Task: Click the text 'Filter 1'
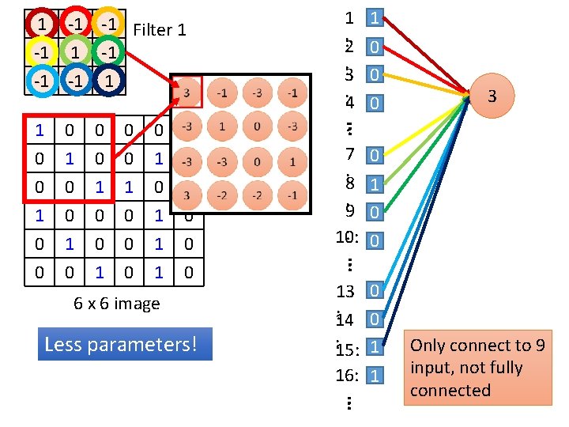tap(160, 30)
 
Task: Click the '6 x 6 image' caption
tap(117, 304)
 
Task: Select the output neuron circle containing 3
tap(492, 96)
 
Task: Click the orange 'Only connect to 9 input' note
tap(478, 368)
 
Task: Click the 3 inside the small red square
tap(187, 93)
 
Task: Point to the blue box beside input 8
tap(376, 183)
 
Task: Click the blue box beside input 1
tap(376, 17)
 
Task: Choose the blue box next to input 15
tap(376, 346)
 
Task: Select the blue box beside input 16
tap(376, 375)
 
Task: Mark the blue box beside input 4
tap(376, 104)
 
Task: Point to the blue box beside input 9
tap(376, 211)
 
